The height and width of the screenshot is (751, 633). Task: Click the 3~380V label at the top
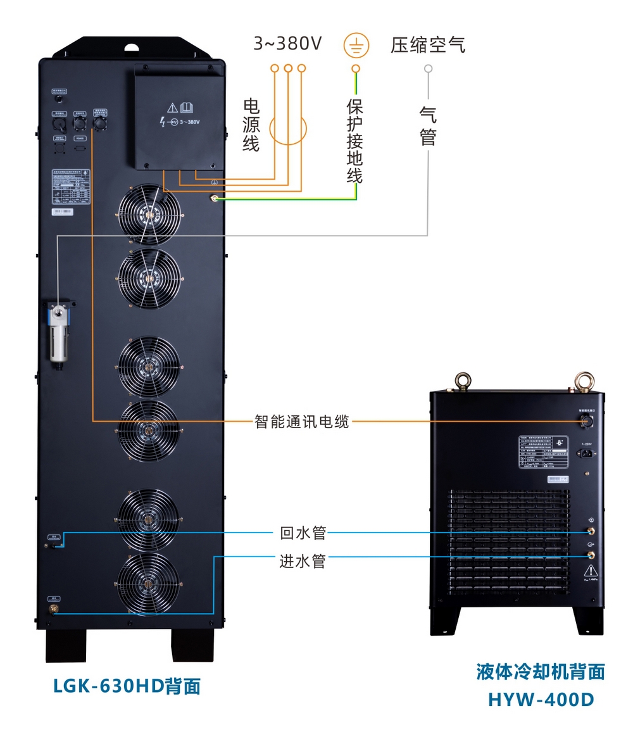[x=287, y=44]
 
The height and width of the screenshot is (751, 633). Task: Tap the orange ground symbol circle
[x=356, y=45]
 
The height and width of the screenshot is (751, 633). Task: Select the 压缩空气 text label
[x=428, y=45]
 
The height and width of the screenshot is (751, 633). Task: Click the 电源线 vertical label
[x=251, y=125]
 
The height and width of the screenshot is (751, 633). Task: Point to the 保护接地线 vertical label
[x=355, y=141]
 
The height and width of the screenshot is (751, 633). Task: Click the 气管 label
[x=429, y=125]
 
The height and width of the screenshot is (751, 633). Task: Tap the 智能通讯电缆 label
[x=301, y=421]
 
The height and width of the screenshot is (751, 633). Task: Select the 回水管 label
[x=303, y=533]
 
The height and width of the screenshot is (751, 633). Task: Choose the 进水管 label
[x=303, y=561]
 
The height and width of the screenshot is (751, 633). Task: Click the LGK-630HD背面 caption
[x=127, y=686]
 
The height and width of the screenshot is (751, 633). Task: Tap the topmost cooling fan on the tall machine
[x=149, y=214]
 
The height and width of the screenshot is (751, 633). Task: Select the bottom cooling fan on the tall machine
[x=149, y=583]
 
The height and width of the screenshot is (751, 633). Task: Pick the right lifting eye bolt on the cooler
[x=583, y=381]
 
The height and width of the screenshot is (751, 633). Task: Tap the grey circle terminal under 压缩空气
[x=429, y=68]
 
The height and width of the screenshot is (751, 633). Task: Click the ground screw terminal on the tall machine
[x=215, y=199]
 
